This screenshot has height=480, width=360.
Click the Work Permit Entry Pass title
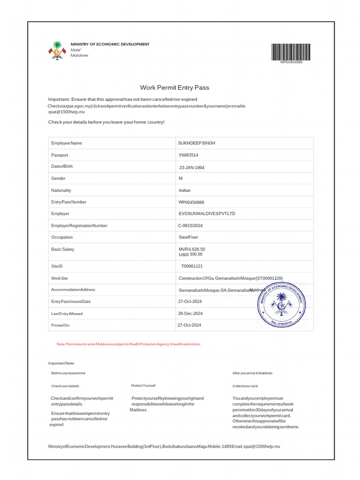click(x=174, y=88)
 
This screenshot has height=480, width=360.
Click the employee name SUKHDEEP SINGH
click(x=197, y=143)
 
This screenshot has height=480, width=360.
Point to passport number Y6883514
click(x=188, y=155)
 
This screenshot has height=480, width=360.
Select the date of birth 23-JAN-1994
click(x=192, y=167)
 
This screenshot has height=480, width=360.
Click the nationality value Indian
click(x=185, y=190)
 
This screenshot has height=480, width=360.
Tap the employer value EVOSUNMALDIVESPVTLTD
click(x=207, y=214)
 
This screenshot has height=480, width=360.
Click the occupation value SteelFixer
click(x=188, y=237)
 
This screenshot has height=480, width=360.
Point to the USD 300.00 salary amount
click(x=191, y=254)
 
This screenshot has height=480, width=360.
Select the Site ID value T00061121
click(x=192, y=266)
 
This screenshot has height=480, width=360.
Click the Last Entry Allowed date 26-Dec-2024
click(x=190, y=313)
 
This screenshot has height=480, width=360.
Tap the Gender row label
click(x=59, y=178)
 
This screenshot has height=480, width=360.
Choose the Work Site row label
click(x=60, y=278)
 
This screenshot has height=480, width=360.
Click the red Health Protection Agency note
click(x=129, y=344)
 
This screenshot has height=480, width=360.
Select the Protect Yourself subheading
click(x=143, y=385)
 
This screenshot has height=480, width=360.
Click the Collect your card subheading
click(x=245, y=386)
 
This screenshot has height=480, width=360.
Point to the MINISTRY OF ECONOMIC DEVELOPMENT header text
click(x=110, y=44)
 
